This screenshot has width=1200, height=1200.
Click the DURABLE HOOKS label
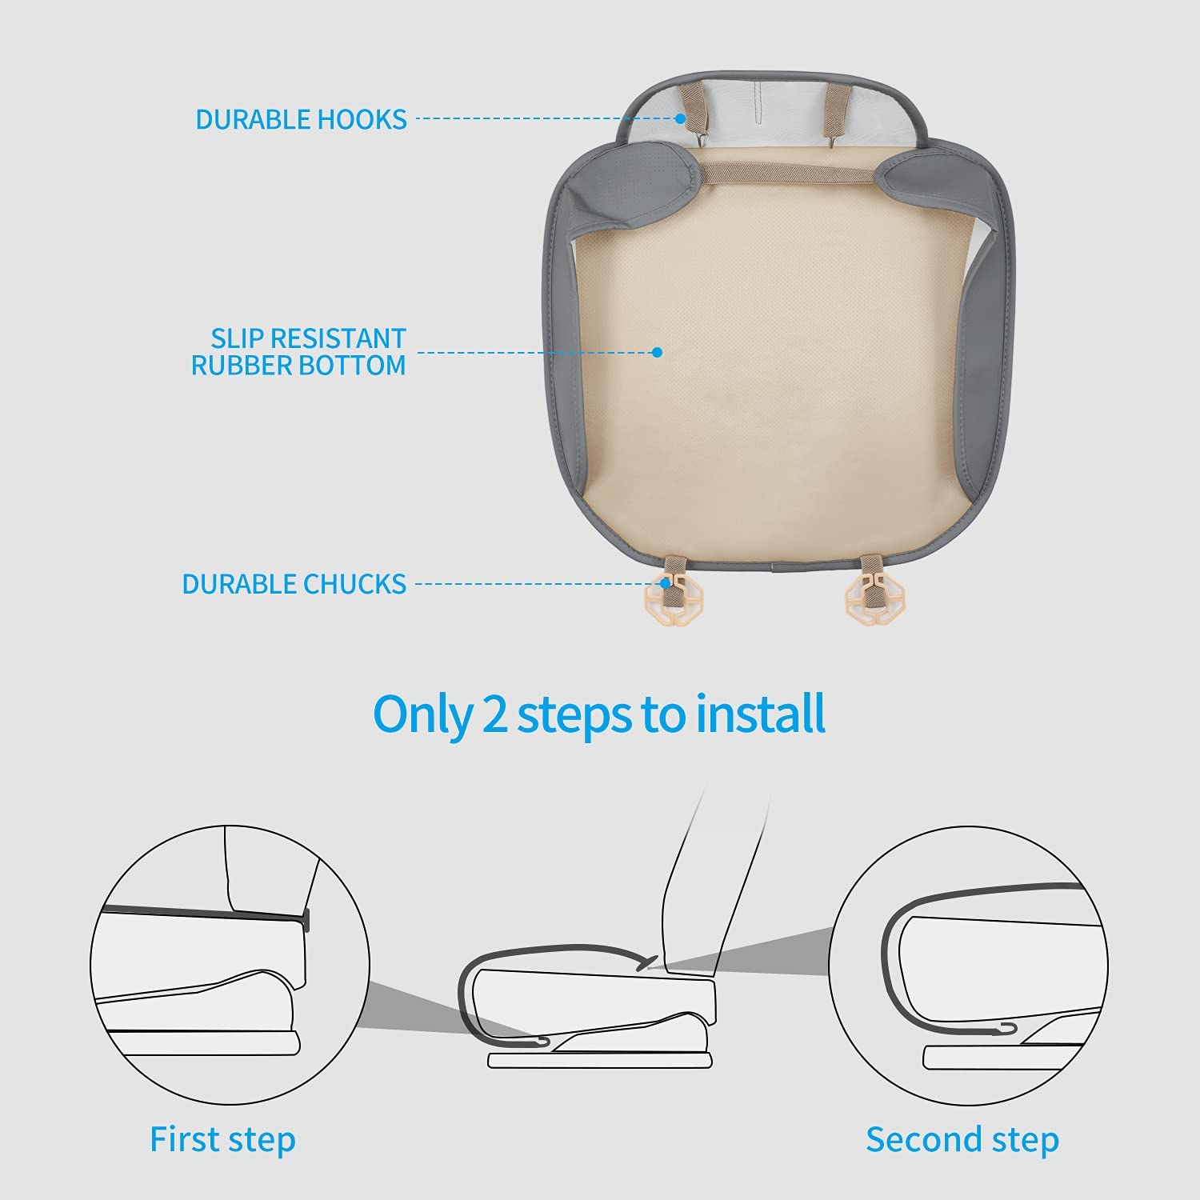pyautogui.click(x=301, y=119)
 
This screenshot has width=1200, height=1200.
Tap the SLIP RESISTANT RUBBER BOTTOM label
pyautogui.click(x=298, y=351)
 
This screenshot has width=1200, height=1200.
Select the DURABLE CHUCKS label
pyautogui.click(x=294, y=584)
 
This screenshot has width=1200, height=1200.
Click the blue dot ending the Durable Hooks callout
pyautogui.click(x=679, y=118)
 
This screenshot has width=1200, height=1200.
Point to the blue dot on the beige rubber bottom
pyautogui.click(x=657, y=352)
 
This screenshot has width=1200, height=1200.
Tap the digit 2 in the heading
pyautogui.click(x=494, y=715)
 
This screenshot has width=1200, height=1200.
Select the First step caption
pyautogui.click(x=222, y=1139)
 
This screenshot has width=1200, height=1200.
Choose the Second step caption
pyautogui.click(x=962, y=1139)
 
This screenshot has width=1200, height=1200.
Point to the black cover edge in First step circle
pyautogui.click(x=204, y=917)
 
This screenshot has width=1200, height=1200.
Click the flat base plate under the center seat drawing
pyautogui.click(x=600, y=1059)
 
